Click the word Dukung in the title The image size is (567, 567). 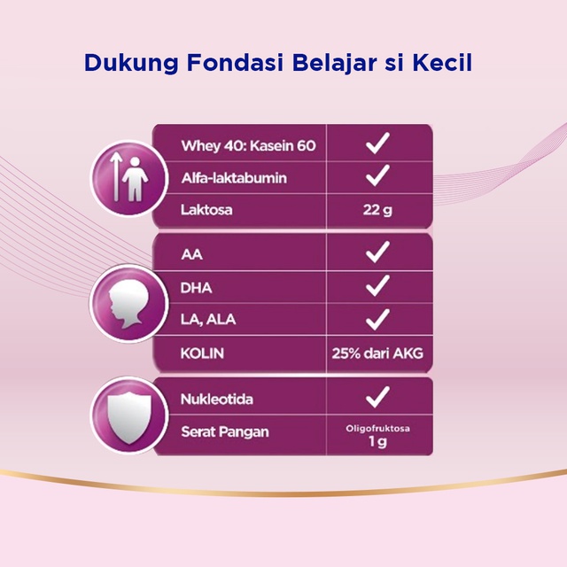pos(131,63)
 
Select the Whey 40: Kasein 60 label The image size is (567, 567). pos(248,145)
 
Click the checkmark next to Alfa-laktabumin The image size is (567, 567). pos(377,175)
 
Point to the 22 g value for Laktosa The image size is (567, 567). pos(377,210)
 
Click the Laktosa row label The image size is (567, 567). pos(206,210)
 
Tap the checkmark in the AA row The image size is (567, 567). pos(377,252)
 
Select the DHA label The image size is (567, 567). pos(196,288)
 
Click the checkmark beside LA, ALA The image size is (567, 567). pos(377,320)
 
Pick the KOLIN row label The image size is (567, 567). pos(202,353)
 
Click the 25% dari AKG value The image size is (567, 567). pos(377,353)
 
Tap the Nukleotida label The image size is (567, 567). pos(216,400)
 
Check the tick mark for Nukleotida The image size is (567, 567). pos(377,397)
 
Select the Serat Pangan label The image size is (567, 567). pos(225,431)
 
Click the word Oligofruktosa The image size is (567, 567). pos(377,429)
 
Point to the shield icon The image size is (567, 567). pos(129,418)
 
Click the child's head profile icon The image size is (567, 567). pos(129,304)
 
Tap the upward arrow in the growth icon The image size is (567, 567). pos(116,176)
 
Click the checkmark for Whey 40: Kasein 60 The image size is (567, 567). pos(377,144)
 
